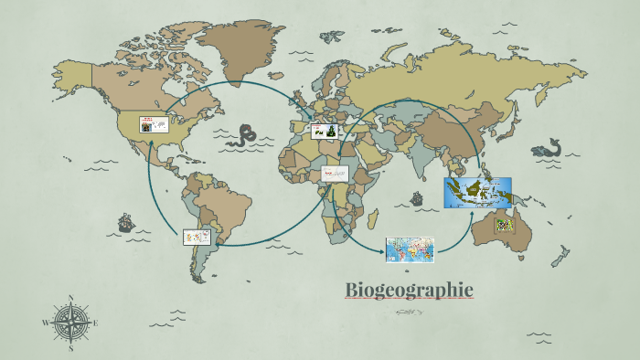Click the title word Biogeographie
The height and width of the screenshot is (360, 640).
(x=409, y=290)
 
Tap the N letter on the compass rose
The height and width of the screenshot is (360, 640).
(x=71, y=298)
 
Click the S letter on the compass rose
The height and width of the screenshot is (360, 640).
(x=71, y=348)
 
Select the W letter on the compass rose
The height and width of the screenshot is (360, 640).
(x=46, y=323)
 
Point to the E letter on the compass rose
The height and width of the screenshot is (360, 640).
(x=96, y=323)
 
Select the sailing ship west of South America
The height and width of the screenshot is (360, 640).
(x=124, y=223)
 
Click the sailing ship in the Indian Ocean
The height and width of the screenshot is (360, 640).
(x=418, y=197)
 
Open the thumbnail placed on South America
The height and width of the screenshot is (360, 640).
(x=197, y=237)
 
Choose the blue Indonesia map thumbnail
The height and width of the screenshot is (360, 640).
(x=477, y=192)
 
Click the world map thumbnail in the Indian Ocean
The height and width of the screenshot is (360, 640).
(x=410, y=249)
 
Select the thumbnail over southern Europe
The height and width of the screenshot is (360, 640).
(x=325, y=132)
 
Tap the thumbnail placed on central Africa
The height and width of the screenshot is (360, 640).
(x=335, y=174)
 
